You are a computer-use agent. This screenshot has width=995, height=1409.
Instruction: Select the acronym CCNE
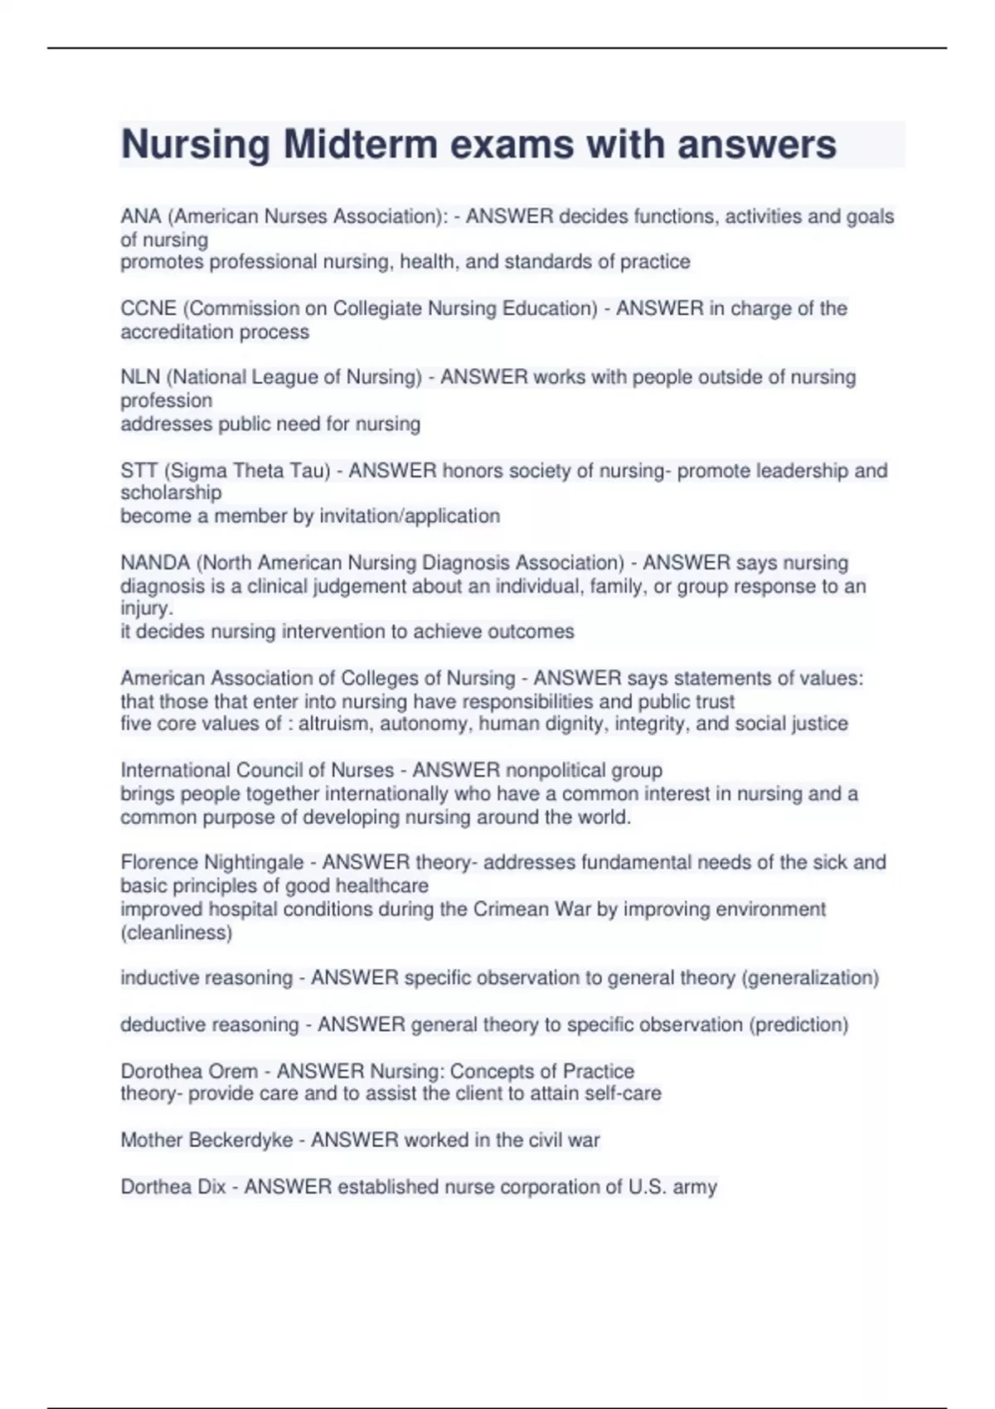148,308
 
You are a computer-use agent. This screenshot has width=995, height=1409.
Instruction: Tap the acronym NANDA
155,563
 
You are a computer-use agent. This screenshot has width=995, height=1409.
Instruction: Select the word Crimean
510,909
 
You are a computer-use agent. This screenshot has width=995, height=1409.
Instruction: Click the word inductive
162,978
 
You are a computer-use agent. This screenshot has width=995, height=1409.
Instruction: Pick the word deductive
165,1024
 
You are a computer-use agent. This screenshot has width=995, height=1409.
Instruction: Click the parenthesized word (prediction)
798,1024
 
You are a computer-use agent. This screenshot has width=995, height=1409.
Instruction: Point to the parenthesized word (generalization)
810,978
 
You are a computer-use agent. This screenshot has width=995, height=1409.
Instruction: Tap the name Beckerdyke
240,1140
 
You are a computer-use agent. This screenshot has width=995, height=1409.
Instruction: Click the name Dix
211,1187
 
